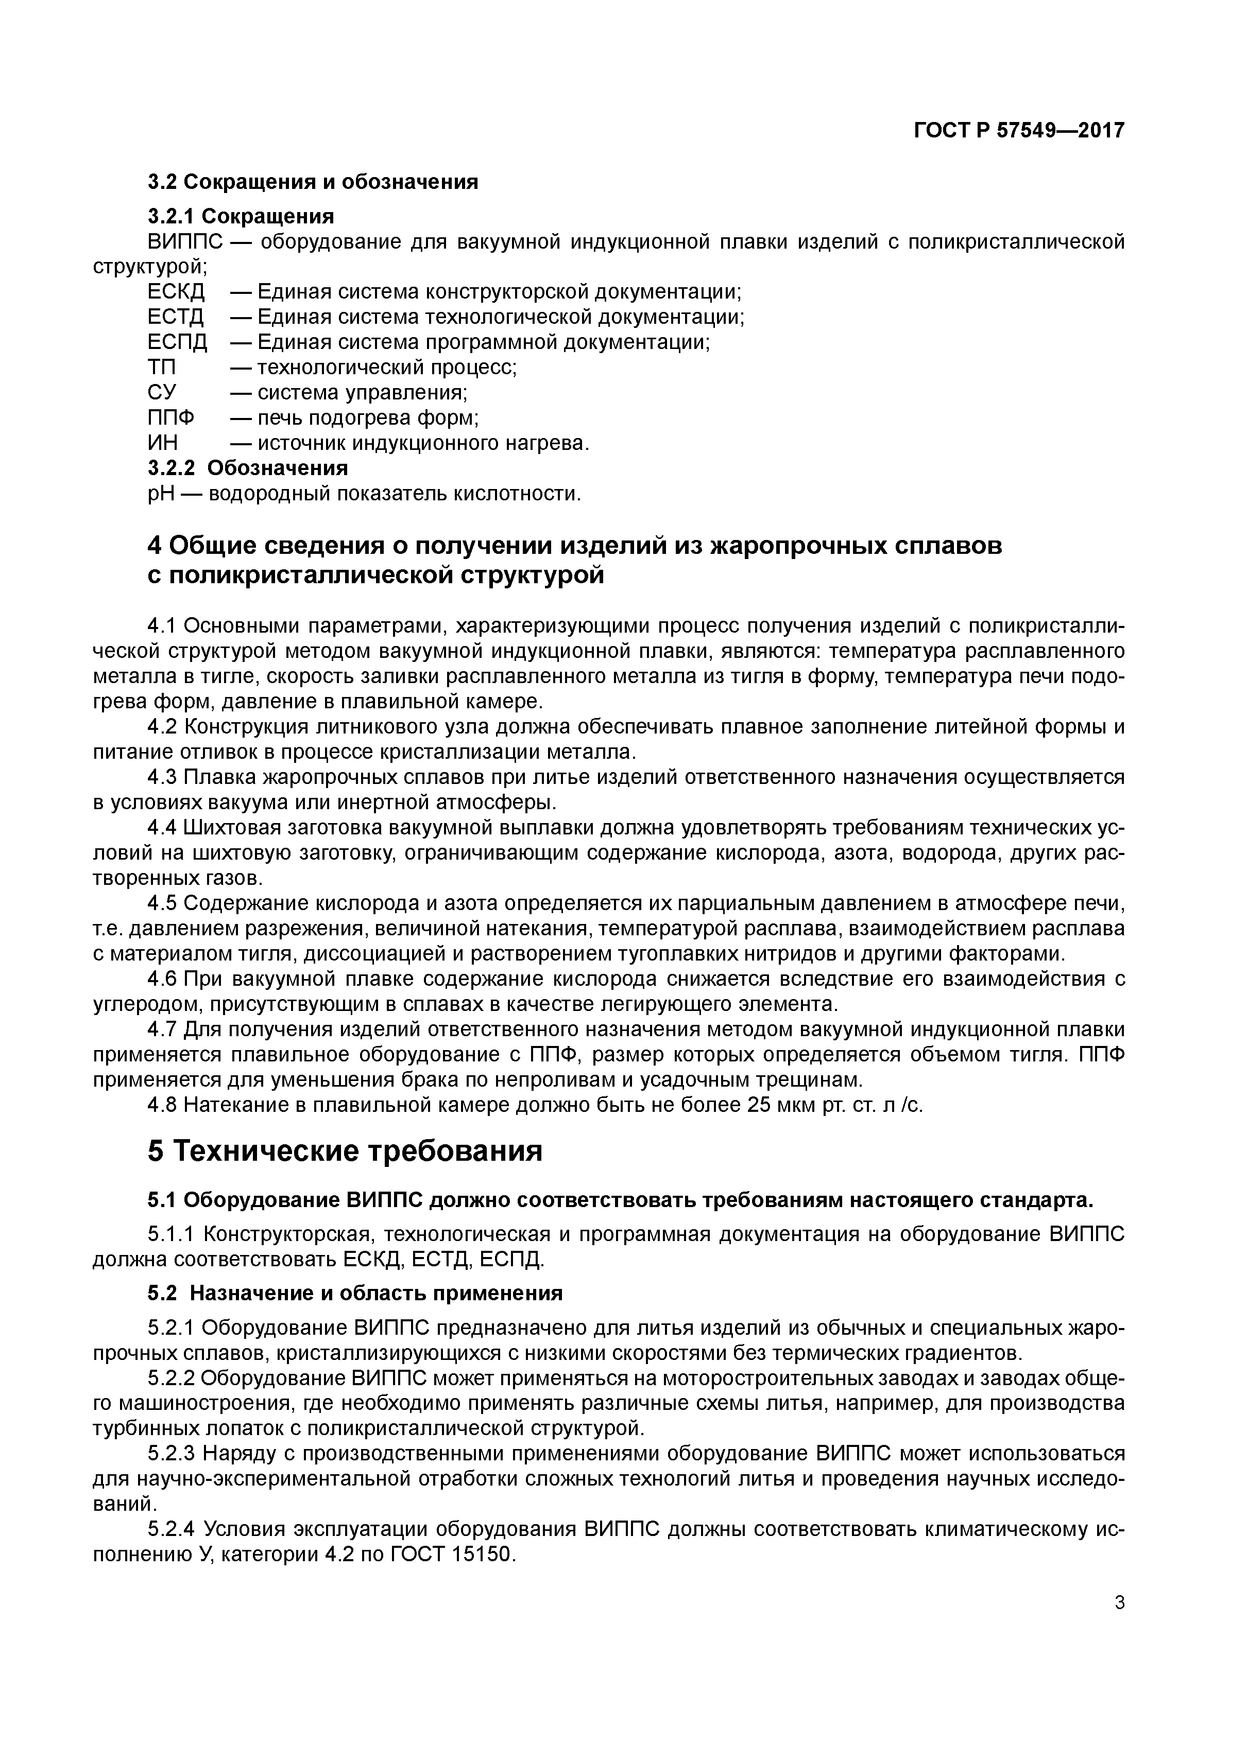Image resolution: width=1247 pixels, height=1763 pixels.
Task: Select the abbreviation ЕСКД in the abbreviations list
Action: click(176, 292)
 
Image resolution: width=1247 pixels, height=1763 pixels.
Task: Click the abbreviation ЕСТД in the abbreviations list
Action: click(176, 317)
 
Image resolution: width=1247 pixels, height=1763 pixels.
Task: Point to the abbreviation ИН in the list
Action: click(162, 443)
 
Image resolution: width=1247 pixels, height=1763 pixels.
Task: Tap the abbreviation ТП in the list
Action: click(161, 368)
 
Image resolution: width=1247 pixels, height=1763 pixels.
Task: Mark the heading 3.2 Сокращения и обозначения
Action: click(313, 182)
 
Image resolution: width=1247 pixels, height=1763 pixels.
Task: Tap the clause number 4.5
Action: click(162, 904)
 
